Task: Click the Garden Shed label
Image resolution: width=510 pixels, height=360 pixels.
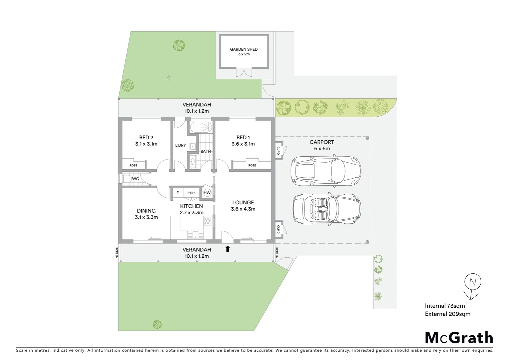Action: [243, 51]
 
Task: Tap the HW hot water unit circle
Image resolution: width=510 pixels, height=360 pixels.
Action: [207, 193]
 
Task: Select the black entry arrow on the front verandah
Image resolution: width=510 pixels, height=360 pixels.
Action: [228, 249]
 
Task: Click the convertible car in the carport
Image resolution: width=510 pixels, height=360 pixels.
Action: [327, 208]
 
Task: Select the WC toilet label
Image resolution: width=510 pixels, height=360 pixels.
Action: [135, 179]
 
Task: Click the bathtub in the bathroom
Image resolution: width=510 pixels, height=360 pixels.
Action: [201, 127]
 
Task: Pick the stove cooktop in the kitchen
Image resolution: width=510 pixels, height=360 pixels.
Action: [208, 221]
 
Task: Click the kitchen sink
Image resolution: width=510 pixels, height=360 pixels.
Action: [195, 235]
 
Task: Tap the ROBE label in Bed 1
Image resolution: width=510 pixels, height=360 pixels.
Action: [252, 165]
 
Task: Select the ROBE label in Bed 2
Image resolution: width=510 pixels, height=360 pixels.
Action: [133, 165]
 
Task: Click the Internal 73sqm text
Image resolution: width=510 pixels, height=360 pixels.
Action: [445, 306]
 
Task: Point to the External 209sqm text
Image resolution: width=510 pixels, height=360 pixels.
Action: [447, 314]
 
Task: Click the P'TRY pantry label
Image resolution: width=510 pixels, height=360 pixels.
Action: [191, 193]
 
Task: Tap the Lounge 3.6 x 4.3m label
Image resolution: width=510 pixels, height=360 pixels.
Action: [243, 206]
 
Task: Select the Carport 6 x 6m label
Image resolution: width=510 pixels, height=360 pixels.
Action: [322, 145]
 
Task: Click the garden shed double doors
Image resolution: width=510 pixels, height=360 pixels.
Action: [243, 72]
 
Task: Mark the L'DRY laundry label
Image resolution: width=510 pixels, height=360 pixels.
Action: [180, 145]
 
